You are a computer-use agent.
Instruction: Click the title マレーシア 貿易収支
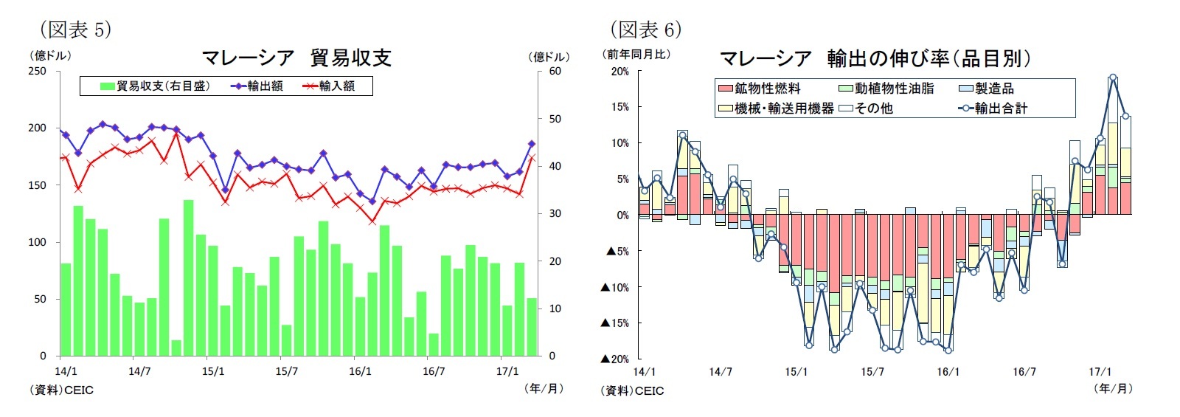click(x=296, y=58)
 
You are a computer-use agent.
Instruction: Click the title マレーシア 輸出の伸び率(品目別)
click(x=874, y=58)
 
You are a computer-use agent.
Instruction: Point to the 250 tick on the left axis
click(x=37, y=72)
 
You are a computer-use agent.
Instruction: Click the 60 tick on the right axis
click(x=555, y=72)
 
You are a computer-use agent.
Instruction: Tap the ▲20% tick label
click(x=615, y=359)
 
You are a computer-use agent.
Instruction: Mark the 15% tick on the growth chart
click(x=619, y=107)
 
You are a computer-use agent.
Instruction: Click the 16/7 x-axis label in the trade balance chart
click(x=434, y=371)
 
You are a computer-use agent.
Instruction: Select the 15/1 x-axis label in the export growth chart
click(x=796, y=372)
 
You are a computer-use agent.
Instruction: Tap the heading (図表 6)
click(x=645, y=30)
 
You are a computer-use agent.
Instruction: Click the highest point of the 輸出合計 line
click(x=1113, y=77)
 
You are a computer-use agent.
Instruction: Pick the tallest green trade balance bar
click(x=189, y=278)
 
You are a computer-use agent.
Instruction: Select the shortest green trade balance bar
click(x=176, y=348)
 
